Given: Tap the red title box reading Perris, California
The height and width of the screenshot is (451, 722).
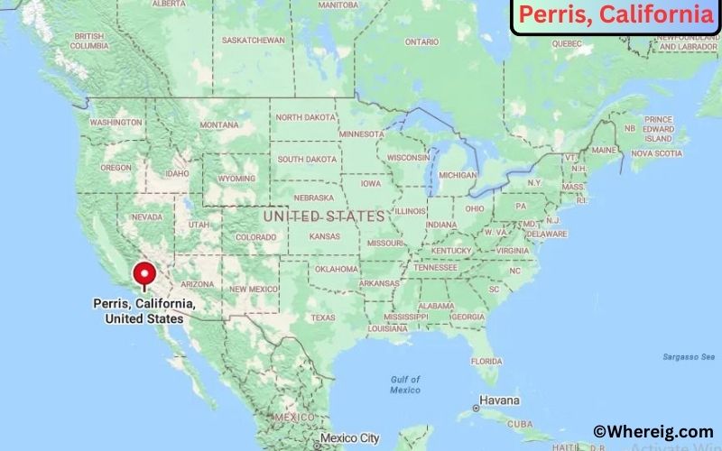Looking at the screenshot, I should pos(616,15).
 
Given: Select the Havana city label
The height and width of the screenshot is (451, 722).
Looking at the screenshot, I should pos(499,400).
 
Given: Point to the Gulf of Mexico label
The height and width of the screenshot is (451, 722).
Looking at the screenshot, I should pos(405,384).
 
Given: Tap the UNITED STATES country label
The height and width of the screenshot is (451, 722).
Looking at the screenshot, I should pos(324,216).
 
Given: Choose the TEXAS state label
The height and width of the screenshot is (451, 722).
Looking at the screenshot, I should pos(322,318).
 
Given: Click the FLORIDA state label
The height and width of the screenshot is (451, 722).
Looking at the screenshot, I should pos(486,361).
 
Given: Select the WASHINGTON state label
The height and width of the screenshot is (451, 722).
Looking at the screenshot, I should pos(116,122).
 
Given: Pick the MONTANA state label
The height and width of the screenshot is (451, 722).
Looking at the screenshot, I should pos(218,124).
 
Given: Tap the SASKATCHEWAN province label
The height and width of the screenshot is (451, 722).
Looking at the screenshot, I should pos(254,41).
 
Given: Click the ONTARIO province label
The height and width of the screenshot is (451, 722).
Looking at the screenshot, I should pos(421,42).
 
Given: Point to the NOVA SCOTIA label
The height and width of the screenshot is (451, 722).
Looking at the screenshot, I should pos(655,153).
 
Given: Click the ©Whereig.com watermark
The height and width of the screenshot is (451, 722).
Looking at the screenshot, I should pos(653,432).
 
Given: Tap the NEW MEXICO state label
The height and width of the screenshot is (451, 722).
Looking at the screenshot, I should pos(252,289).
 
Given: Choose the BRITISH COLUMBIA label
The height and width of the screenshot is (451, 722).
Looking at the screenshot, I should pos(90,41).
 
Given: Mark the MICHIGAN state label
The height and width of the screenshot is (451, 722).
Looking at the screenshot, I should pos(458,175).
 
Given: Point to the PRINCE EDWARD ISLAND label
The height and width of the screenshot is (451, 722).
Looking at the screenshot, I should pos(659,129).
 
